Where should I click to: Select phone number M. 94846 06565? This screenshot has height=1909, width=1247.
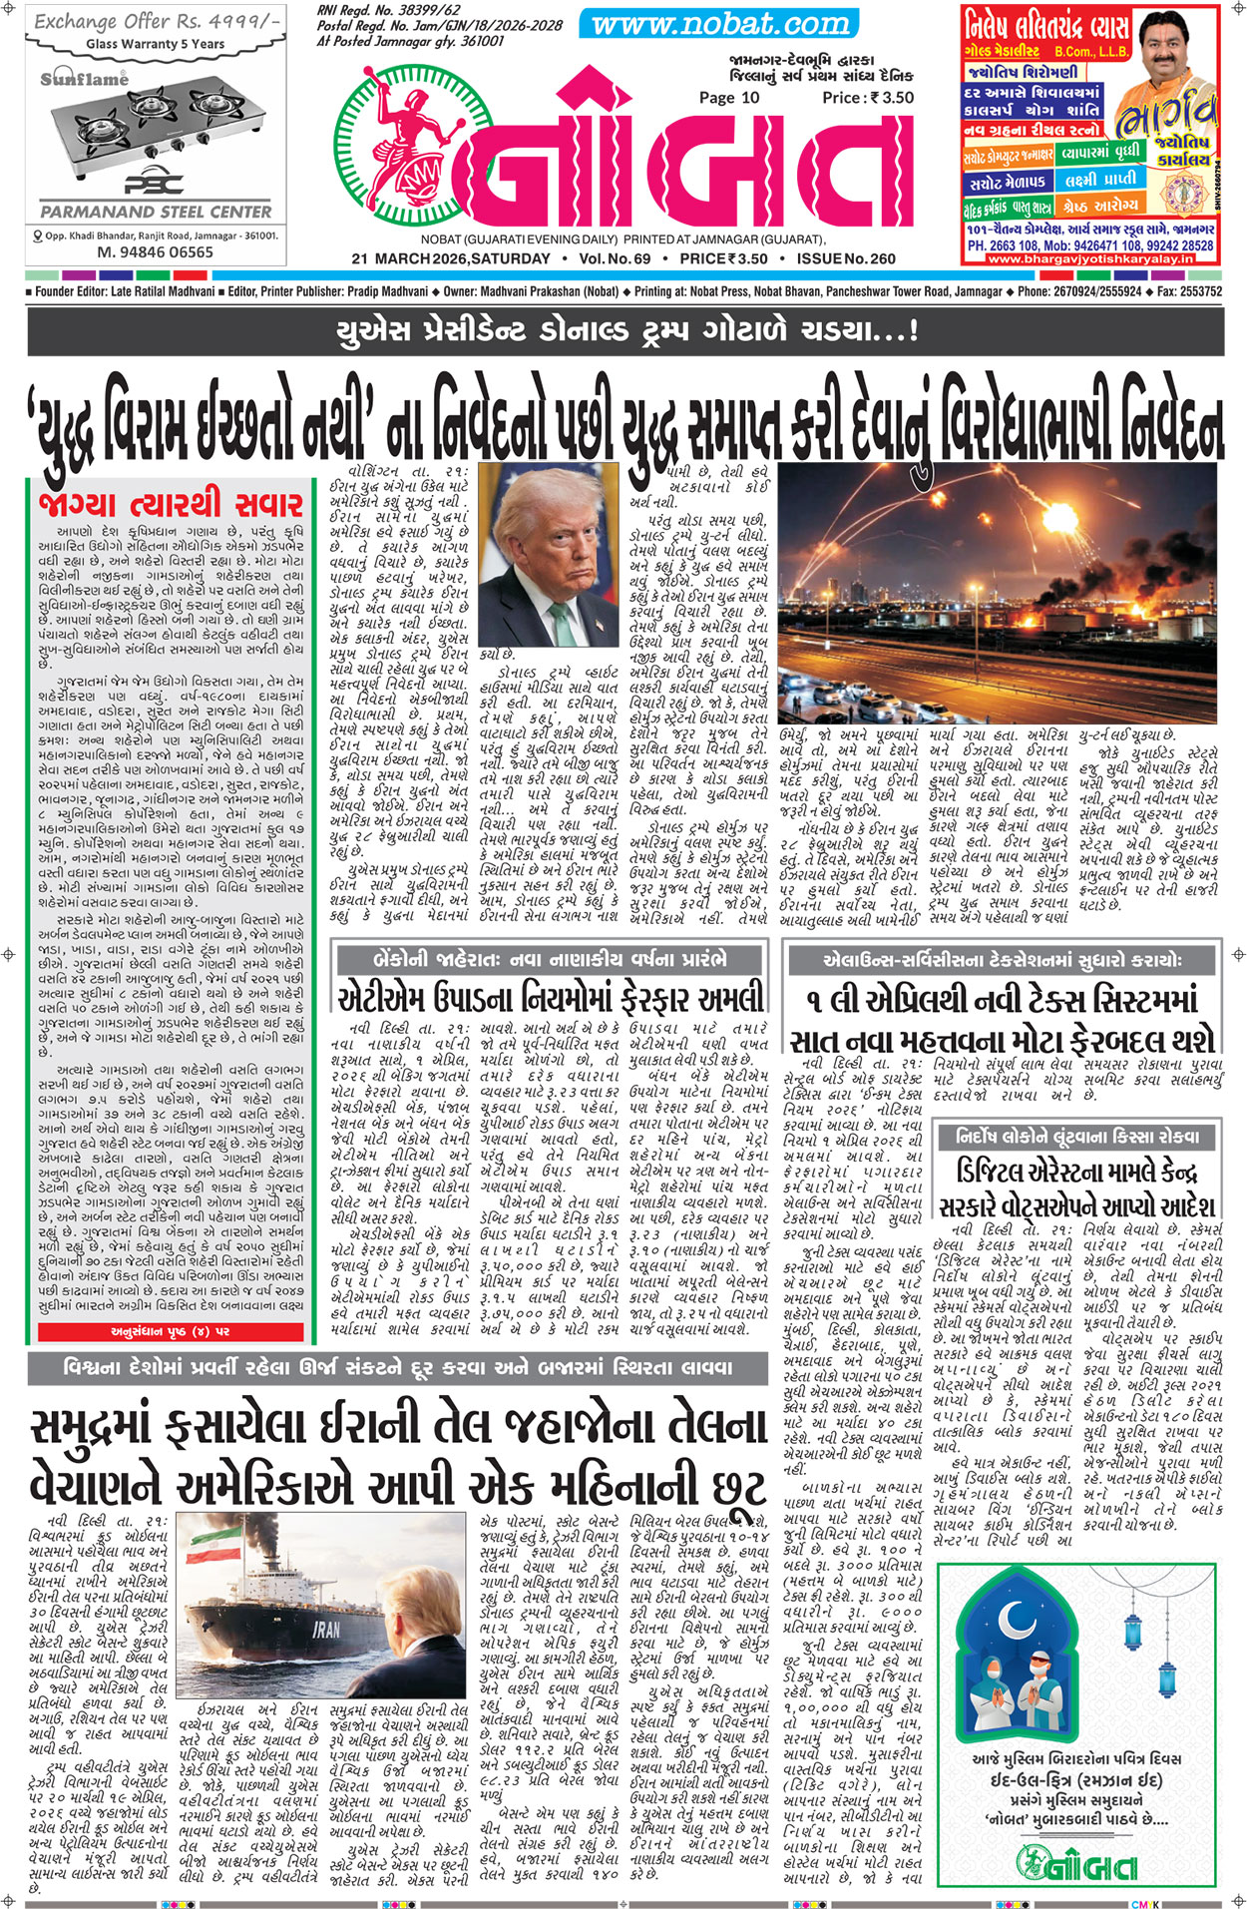point(155,252)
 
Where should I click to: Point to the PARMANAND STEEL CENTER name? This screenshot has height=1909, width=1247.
point(156,212)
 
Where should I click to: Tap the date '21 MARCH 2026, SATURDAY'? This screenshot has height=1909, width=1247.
point(450,258)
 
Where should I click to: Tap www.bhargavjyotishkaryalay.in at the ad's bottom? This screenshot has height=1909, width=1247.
point(1090,258)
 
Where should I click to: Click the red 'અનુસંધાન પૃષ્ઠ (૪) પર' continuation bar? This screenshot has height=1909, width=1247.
point(170,1332)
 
